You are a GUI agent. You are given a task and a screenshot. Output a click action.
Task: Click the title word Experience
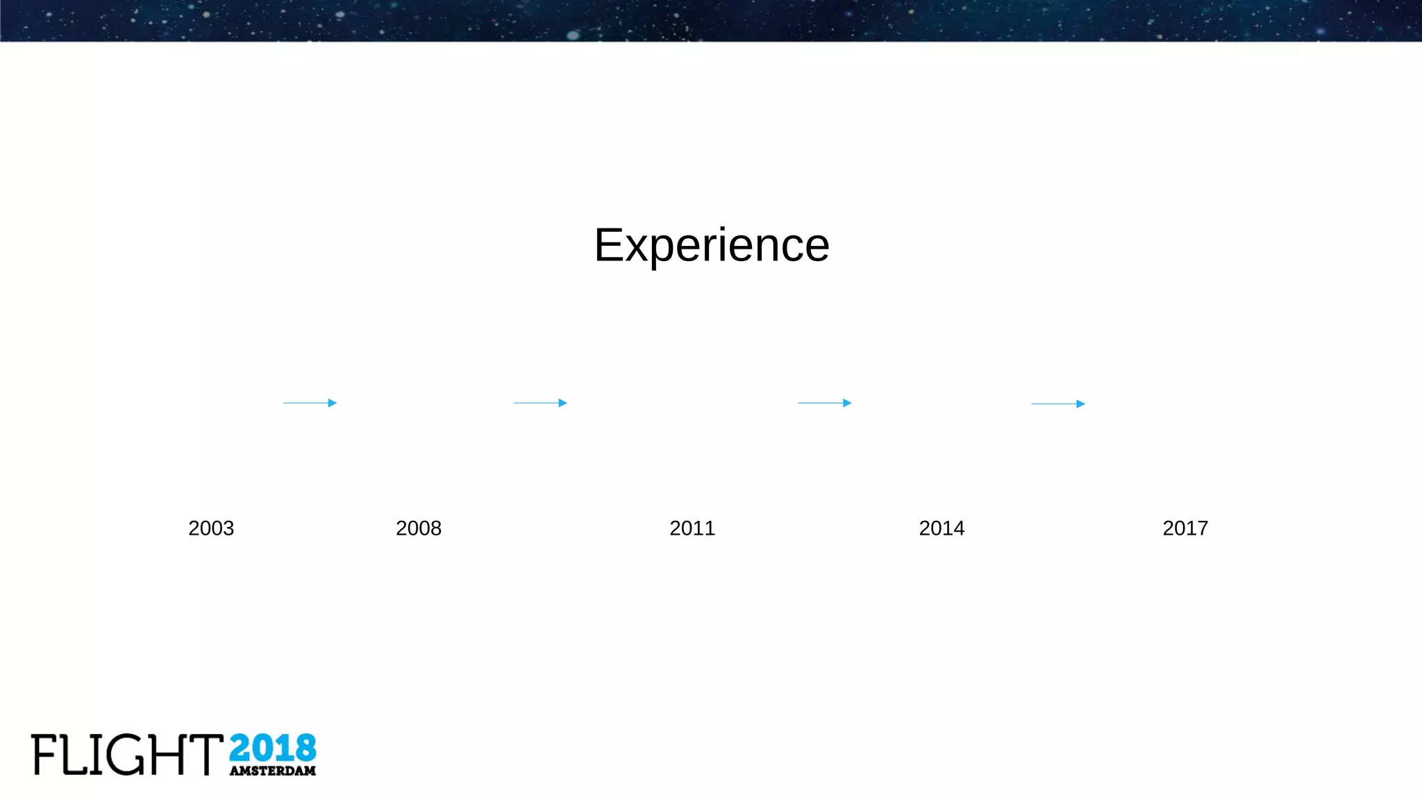(712, 245)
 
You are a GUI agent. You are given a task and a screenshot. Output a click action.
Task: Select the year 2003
(211, 528)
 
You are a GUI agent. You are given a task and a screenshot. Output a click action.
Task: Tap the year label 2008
(419, 528)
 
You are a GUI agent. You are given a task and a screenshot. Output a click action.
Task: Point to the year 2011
(692, 528)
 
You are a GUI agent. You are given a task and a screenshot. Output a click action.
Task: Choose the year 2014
(942, 528)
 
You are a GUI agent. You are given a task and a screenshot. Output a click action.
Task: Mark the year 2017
(1185, 528)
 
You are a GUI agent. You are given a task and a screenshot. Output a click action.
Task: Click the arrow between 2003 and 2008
(310, 403)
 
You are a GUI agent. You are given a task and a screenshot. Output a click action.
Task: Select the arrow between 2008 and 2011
(540, 403)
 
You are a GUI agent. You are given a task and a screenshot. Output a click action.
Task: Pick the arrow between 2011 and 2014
(824, 403)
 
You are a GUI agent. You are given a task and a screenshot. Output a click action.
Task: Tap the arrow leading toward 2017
(1057, 403)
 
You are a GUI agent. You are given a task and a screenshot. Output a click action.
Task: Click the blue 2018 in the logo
(272, 749)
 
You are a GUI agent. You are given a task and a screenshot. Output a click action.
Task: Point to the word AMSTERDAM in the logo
(272, 771)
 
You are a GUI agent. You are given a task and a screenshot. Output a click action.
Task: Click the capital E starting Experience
(608, 245)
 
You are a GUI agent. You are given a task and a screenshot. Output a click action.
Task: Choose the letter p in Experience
(662, 251)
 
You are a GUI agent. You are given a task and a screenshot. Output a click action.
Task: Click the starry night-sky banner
(711, 20)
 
